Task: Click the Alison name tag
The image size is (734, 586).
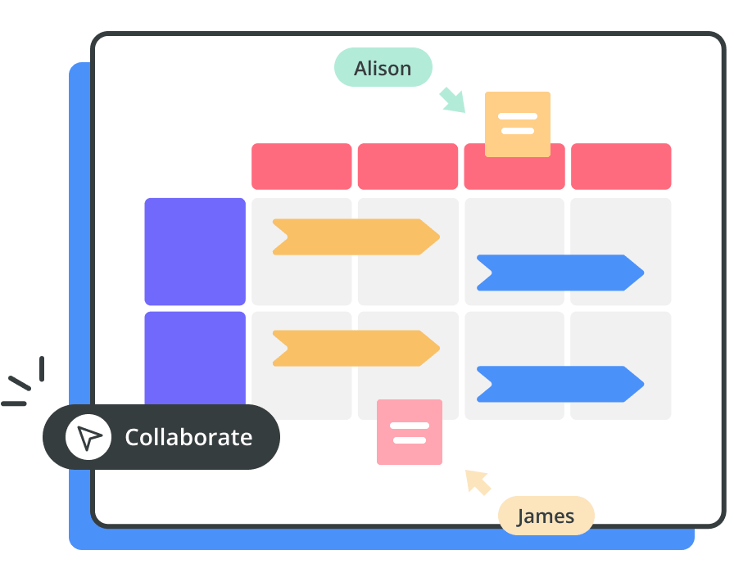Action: click(383, 68)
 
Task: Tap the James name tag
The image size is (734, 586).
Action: click(546, 516)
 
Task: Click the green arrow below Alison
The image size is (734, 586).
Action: click(452, 99)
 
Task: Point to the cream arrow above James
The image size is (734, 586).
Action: click(478, 481)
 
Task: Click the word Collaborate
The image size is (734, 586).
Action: click(188, 437)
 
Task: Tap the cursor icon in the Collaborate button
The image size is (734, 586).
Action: click(88, 437)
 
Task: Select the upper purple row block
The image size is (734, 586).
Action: click(195, 251)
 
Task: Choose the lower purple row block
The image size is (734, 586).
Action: click(195, 357)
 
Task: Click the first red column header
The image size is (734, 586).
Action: click(301, 166)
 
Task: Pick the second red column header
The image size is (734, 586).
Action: click(408, 166)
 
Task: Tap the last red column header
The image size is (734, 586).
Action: click(621, 166)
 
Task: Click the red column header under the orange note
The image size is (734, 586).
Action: click(514, 174)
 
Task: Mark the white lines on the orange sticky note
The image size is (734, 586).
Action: click(518, 124)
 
